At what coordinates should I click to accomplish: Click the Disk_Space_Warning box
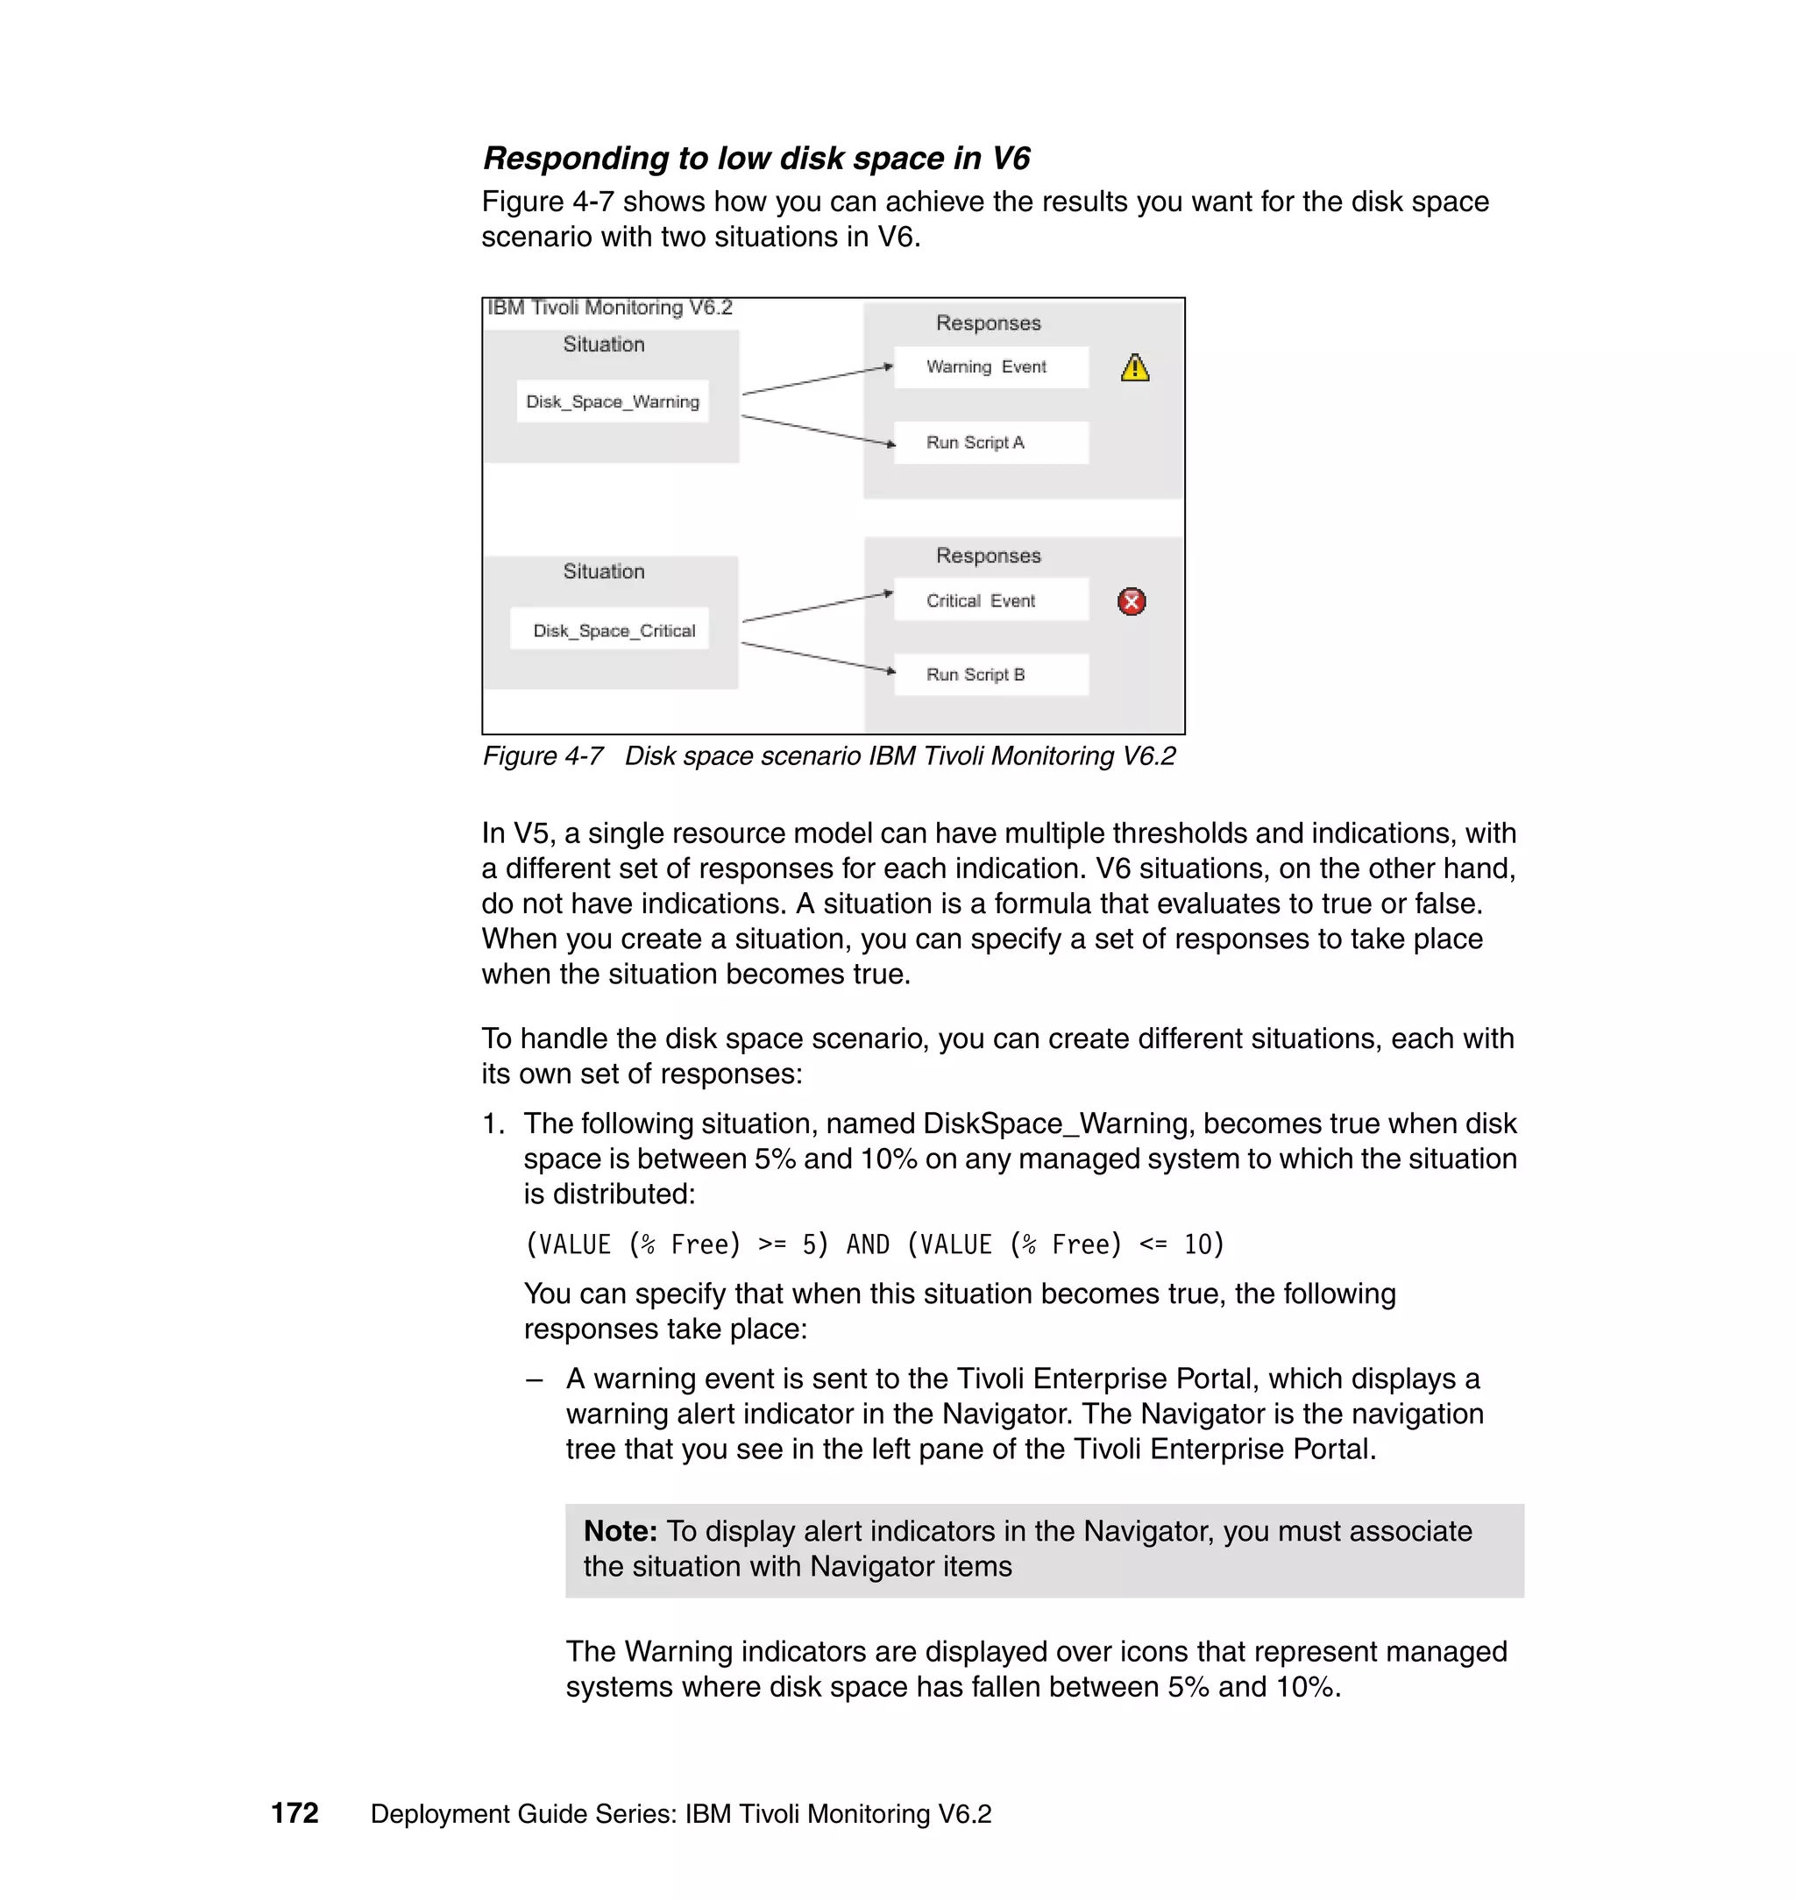[613, 401]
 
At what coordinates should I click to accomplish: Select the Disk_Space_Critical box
[610, 629]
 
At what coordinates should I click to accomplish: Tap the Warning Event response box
[990, 367]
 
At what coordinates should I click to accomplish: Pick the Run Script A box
[990, 443]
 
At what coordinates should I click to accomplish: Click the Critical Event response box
[990, 601]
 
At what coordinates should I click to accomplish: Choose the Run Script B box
[990, 675]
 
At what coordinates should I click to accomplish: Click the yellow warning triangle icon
[1135, 368]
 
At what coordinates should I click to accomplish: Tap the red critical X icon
[1132, 602]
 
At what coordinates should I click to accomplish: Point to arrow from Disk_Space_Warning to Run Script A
[818, 430]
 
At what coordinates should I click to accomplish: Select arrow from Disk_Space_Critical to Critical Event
[818, 607]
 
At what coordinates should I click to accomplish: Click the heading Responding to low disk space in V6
[756, 158]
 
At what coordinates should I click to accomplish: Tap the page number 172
[294, 1813]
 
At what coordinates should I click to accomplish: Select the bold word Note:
[620, 1532]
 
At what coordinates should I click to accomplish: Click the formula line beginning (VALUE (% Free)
[874, 1244]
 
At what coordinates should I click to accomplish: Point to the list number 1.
[492, 1124]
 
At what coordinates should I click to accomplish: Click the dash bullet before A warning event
[535, 1379]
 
